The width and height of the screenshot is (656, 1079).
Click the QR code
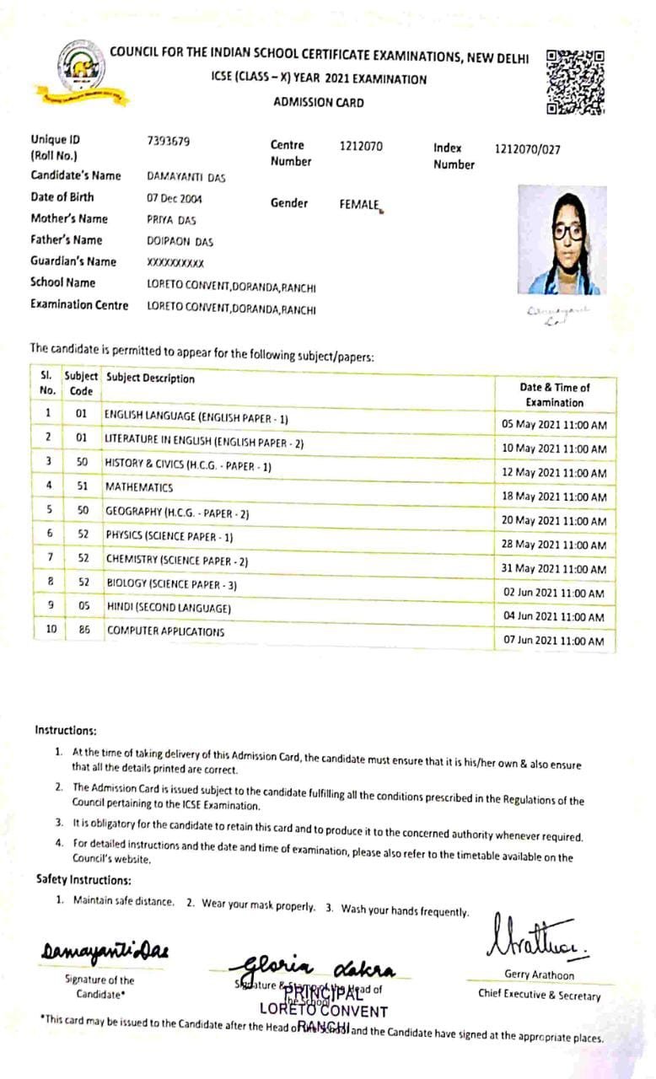[x=576, y=82]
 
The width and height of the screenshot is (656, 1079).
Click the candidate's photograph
[x=562, y=240]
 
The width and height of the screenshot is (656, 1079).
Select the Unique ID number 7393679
[x=169, y=141]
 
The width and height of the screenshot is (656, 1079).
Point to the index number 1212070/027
[x=527, y=150]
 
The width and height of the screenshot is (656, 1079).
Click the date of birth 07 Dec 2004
[x=175, y=199]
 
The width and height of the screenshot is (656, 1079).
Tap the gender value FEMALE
[x=360, y=204]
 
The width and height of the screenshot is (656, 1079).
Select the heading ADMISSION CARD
[x=319, y=103]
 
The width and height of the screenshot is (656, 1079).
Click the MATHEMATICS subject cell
[x=139, y=487]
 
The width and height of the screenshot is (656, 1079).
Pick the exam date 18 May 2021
[x=554, y=497]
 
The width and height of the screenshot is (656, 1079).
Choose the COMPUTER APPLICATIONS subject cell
[x=165, y=631]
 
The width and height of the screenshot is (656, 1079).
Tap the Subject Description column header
[x=150, y=378]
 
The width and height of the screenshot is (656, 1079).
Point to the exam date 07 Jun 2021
[x=554, y=641]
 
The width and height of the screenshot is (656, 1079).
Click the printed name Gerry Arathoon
[x=539, y=975]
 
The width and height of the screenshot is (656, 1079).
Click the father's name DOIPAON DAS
[x=180, y=241]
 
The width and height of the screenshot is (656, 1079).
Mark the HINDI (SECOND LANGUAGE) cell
[x=168, y=608]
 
